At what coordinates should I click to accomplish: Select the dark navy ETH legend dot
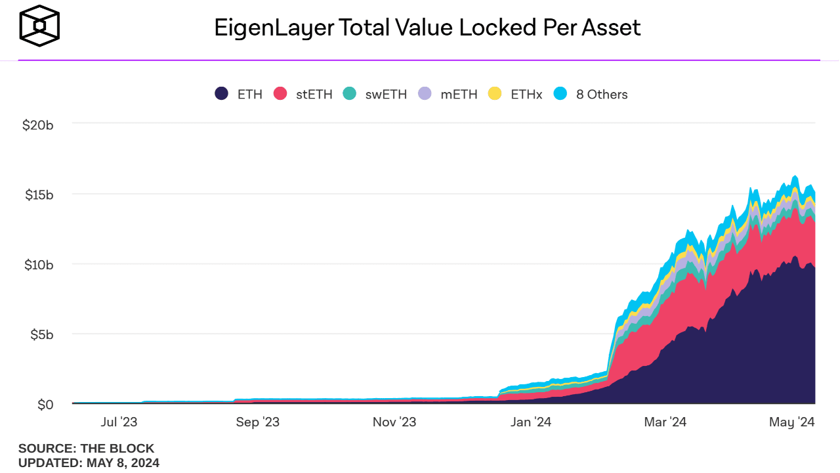(x=222, y=94)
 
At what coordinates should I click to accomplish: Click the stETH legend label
(x=314, y=95)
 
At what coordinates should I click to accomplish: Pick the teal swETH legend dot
(x=350, y=94)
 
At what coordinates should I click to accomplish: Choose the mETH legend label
(x=459, y=95)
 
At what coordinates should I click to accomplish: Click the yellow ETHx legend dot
(x=495, y=94)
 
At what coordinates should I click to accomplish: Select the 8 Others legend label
(x=602, y=95)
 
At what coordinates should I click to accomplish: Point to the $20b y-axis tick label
(x=37, y=125)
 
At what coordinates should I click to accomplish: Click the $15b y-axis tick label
(x=37, y=194)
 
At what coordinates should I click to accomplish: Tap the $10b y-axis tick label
(x=37, y=265)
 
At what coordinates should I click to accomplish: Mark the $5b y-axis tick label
(x=41, y=334)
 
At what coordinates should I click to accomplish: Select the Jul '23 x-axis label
(x=119, y=422)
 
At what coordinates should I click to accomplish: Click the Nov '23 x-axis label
(x=394, y=422)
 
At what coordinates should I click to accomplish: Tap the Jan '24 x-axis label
(x=530, y=422)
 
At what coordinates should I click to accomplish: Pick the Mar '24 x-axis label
(x=665, y=422)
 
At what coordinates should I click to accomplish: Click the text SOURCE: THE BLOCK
(x=86, y=449)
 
